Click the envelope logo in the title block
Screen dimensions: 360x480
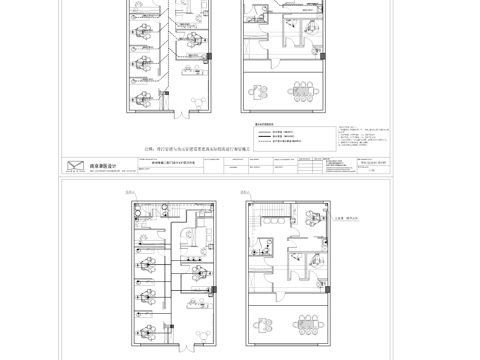(72, 166)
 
